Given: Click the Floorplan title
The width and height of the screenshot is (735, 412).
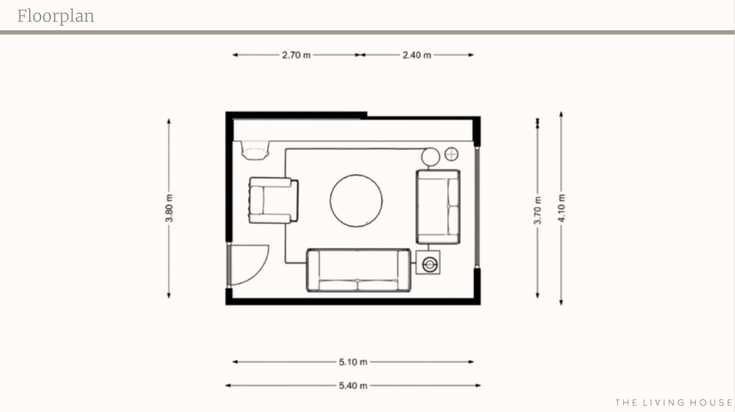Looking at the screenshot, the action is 56,16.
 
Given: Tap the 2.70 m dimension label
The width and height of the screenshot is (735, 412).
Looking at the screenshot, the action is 295,55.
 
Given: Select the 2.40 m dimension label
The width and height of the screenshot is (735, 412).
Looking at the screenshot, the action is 417,55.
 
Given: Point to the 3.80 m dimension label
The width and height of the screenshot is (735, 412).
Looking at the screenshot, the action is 169,208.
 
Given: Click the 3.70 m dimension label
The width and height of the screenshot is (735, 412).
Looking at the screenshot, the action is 538,210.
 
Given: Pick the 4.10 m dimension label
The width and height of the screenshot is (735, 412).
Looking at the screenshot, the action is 562,208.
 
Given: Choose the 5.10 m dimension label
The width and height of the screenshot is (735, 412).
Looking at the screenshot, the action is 353,362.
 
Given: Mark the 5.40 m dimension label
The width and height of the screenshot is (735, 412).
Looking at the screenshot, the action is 353,386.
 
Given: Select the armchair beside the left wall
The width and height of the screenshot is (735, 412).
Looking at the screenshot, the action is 273,200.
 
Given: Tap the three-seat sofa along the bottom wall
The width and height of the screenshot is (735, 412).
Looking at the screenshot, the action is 359,270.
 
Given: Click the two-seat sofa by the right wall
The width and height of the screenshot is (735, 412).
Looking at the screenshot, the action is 438,207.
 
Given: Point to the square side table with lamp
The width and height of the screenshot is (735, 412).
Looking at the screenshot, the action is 428,263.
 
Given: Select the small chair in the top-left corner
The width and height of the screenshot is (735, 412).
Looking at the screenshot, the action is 256,151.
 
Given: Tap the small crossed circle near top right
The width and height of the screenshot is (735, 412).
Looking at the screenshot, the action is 451,154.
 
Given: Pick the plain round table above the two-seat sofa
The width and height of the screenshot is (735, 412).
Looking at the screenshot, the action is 430,157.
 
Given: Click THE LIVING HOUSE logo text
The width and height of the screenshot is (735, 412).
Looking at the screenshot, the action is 673,402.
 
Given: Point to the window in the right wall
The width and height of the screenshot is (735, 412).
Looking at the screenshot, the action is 477,207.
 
